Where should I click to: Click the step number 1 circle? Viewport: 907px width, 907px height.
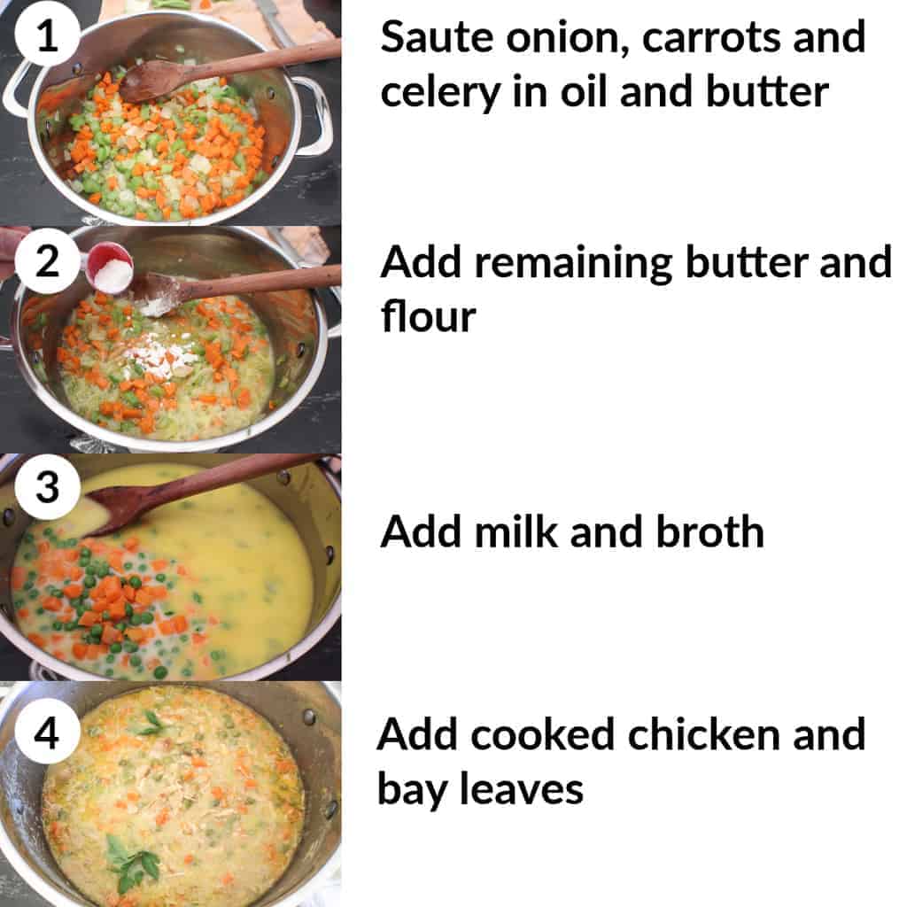tap(49, 38)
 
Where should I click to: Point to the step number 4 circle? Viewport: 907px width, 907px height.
tap(49, 733)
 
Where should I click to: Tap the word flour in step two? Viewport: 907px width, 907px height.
tap(429, 316)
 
